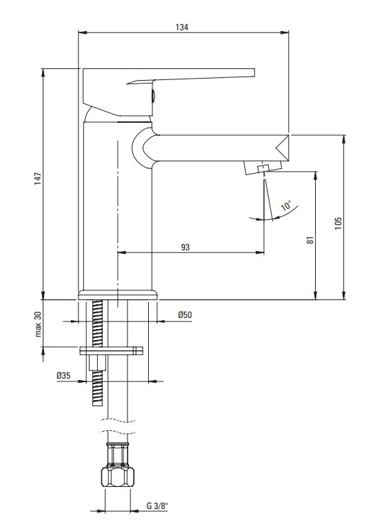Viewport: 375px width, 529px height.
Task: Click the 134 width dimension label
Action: (x=182, y=28)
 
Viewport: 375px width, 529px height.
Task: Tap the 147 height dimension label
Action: (x=38, y=178)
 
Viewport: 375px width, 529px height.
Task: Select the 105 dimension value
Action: (x=338, y=223)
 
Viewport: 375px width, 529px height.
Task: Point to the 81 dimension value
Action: (x=310, y=240)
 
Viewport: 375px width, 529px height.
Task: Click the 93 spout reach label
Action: (x=185, y=248)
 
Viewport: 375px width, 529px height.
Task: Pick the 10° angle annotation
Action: (x=286, y=205)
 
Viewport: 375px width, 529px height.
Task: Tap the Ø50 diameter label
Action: (x=185, y=315)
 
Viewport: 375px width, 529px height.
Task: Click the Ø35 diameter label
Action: (x=63, y=375)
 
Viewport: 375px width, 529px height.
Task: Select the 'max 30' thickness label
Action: (x=38, y=324)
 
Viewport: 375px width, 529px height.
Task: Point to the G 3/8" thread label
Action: (x=157, y=506)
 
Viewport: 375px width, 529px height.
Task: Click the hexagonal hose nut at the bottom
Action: (x=118, y=477)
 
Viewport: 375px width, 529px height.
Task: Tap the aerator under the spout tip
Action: (x=263, y=168)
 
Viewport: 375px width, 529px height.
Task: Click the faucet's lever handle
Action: (x=169, y=91)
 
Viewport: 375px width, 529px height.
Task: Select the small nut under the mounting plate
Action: (x=97, y=363)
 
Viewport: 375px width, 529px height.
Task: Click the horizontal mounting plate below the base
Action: (x=111, y=350)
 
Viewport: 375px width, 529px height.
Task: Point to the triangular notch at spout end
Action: (x=283, y=148)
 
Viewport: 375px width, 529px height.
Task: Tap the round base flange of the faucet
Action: (x=118, y=295)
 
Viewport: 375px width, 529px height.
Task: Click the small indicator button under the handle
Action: (x=153, y=96)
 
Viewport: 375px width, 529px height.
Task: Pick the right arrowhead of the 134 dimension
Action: (x=285, y=32)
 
